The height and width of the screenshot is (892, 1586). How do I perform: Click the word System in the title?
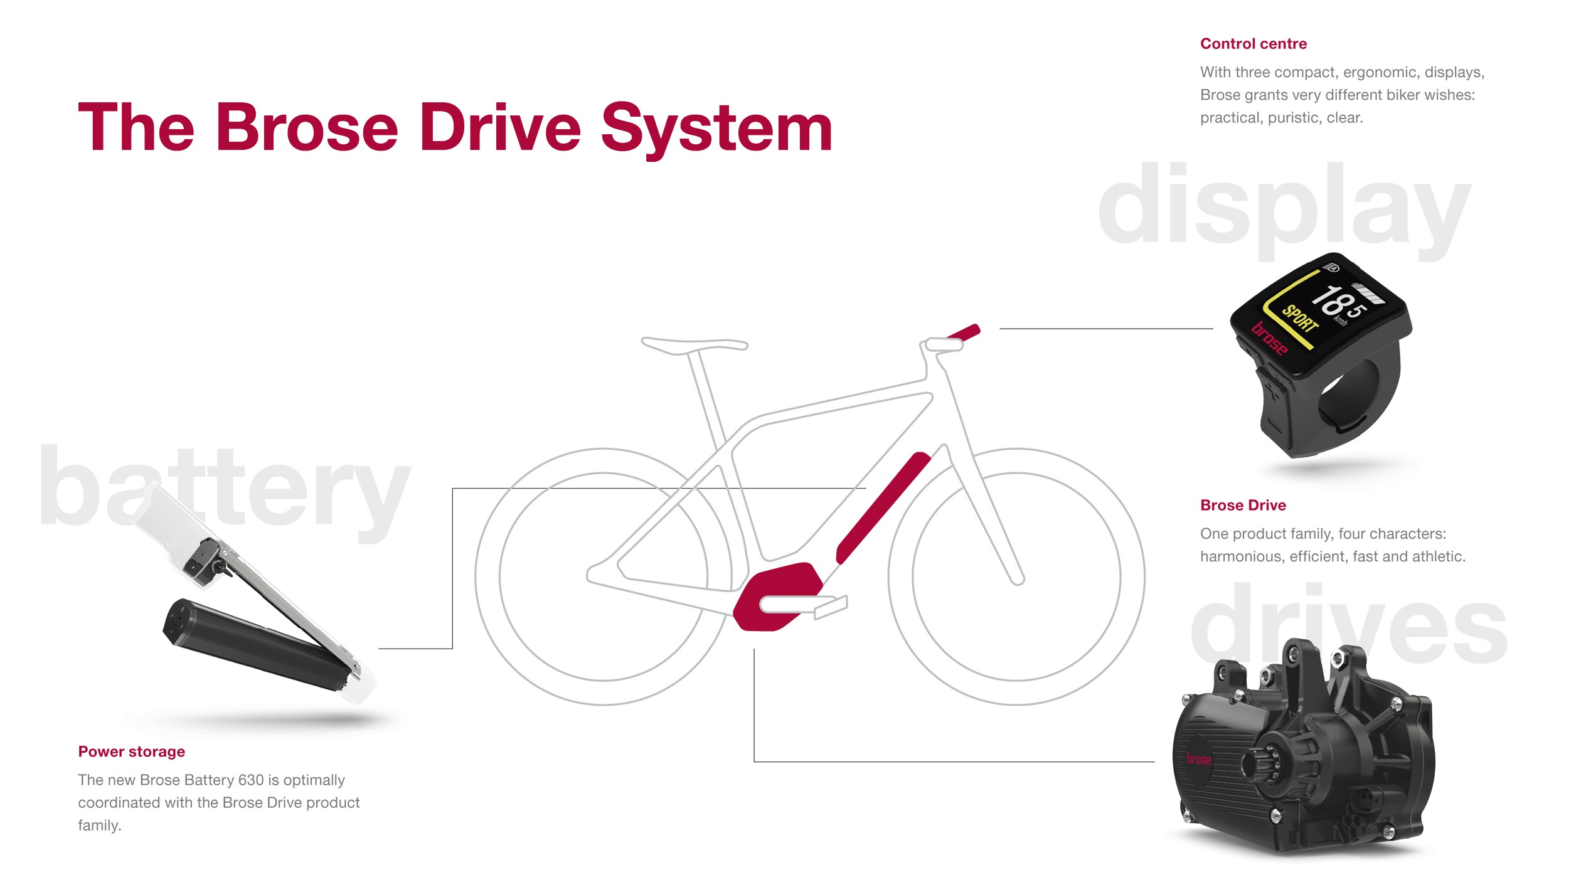716,129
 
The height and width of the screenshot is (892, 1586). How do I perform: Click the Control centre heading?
1253,44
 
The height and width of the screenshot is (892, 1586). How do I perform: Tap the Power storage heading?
131,751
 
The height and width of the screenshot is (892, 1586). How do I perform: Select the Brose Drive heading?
1242,505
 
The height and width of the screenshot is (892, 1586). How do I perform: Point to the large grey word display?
1284,207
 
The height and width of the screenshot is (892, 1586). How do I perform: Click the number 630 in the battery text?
250,780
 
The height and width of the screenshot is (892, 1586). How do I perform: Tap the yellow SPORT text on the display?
1299,319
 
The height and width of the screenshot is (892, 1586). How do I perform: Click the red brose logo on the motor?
1198,759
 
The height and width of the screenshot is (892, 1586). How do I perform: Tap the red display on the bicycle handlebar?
964,332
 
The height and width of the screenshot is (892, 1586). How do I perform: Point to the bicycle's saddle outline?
694,344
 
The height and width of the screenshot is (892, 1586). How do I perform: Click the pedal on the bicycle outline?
831,607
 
